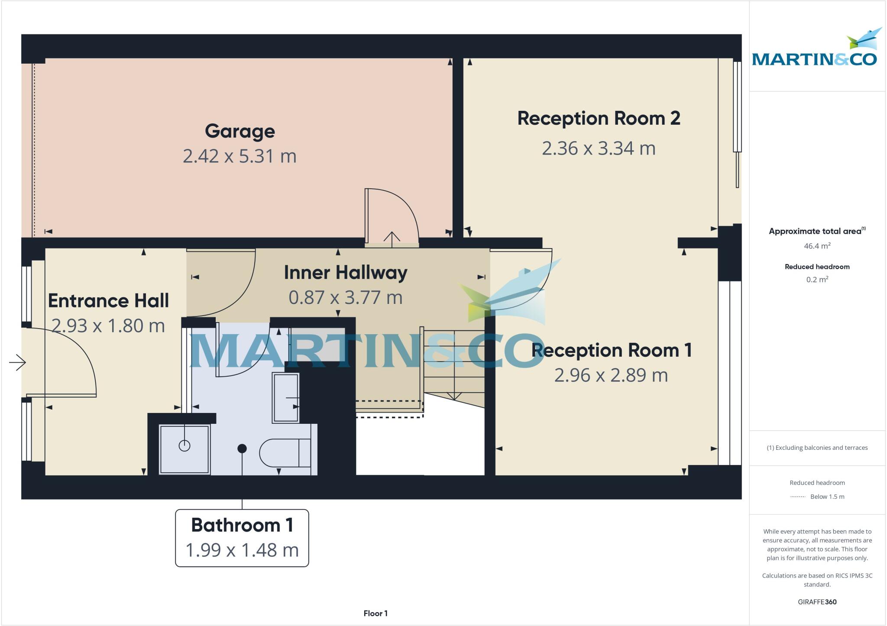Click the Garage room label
click(x=240, y=131)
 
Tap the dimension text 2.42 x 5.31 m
click(x=240, y=156)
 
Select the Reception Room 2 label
click(x=599, y=118)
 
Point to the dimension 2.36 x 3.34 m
click(x=599, y=148)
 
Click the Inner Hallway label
click(x=346, y=273)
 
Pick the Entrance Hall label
click(x=108, y=301)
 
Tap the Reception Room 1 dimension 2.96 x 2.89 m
click(x=611, y=375)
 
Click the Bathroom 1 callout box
click(x=242, y=538)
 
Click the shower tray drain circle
click(x=185, y=445)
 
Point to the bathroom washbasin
click(x=286, y=397)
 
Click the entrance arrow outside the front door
click(x=17, y=362)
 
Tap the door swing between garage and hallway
click(x=392, y=216)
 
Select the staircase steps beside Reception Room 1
click(x=453, y=364)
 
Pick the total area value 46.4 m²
click(x=817, y=246)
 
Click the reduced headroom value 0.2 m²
click(x=817, y=280)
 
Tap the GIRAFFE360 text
click(x=817, y=602)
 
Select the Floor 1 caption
click(x=375, y=613)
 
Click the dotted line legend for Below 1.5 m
click(x=798, y=497)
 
